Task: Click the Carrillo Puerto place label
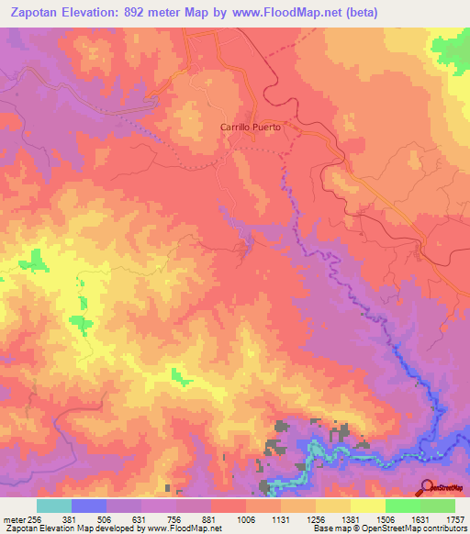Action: click(250, 128)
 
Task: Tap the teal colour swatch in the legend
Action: click(54, 506)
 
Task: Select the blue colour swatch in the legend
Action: click(89, 506)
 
